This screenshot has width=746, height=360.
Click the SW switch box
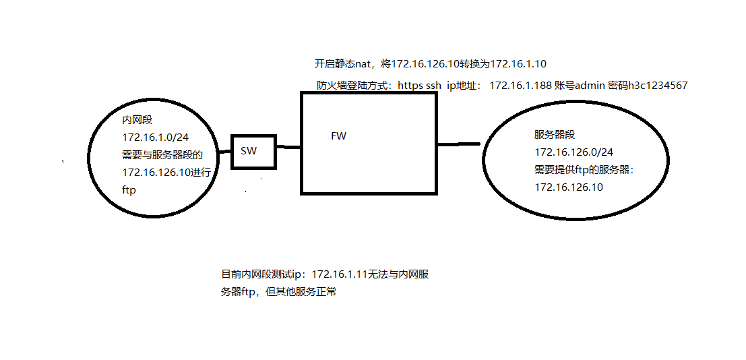[x=254, y=151]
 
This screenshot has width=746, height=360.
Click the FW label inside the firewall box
[x=338, y=136]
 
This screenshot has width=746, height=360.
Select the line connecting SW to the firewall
[x=288, y=147]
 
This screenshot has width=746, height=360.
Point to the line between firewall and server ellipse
[x=459, y=144]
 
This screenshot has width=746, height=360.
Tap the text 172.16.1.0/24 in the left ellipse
[x=150, y=138]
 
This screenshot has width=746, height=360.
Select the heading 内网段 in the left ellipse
[x=137, y=120]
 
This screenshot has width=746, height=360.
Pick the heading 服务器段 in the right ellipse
[x=555, y=135]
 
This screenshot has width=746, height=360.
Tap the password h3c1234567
[x=658, y=86]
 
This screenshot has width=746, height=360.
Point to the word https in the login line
[x=412, y=86]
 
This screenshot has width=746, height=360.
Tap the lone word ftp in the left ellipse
[x=129, y=190]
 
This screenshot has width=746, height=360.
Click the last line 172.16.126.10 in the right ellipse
[x=569, y=187]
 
